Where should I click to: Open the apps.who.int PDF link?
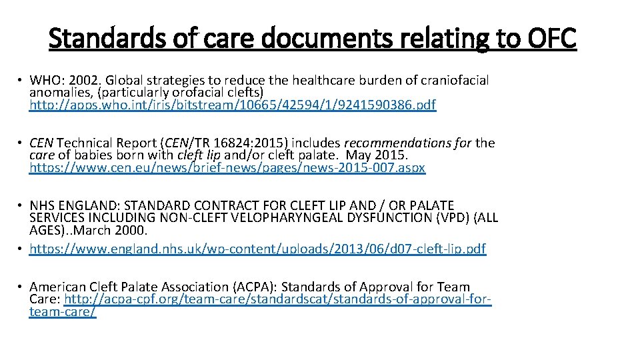(233, 105)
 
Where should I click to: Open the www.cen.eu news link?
(227, 167)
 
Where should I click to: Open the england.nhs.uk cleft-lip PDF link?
(257, 249)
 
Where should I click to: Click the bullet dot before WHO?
(21, 81)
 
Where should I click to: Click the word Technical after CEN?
(87, 143)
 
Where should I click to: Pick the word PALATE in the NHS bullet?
(429, 206)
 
